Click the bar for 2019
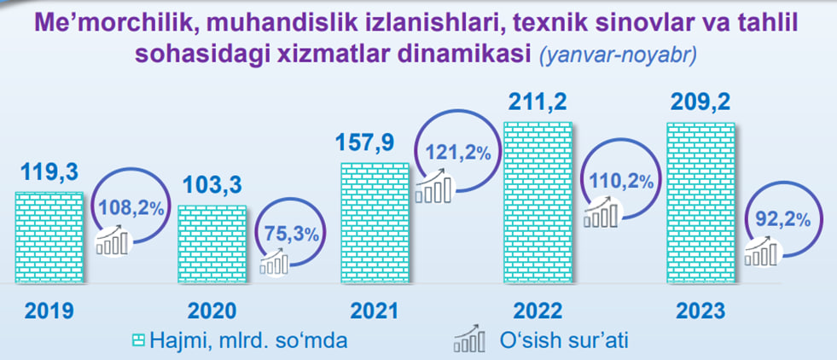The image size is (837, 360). pyautogui.click(x=49, y=237)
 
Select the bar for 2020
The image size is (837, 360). pyautogui.click(x=212, y=244)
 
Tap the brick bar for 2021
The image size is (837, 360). pyautogui.click(x=375, y=223)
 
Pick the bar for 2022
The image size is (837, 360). pyautogui.click(x=538, y=203)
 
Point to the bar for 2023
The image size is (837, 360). pyautogui.click(x=701, y=203)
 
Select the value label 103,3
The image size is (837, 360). pyautogui.click(x=212, y=186)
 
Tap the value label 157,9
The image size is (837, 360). pyautogui.click(x=365, y=142)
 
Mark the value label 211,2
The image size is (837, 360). pyautogui.click(x=537, y=102)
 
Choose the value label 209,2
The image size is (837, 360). pyautogui.click(x=700, y=102)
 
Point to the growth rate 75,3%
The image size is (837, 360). pyautogui.click(x=293, y=235)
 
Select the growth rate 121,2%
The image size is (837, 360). pyautogui.click(x=458, y=154)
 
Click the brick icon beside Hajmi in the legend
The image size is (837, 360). pyautogui.click(x=138, y=340)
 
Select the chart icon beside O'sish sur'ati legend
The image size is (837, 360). pyautogui.click(x=470, y=340)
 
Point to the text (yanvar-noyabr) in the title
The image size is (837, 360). pyautogui.click(x=618, y=55)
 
